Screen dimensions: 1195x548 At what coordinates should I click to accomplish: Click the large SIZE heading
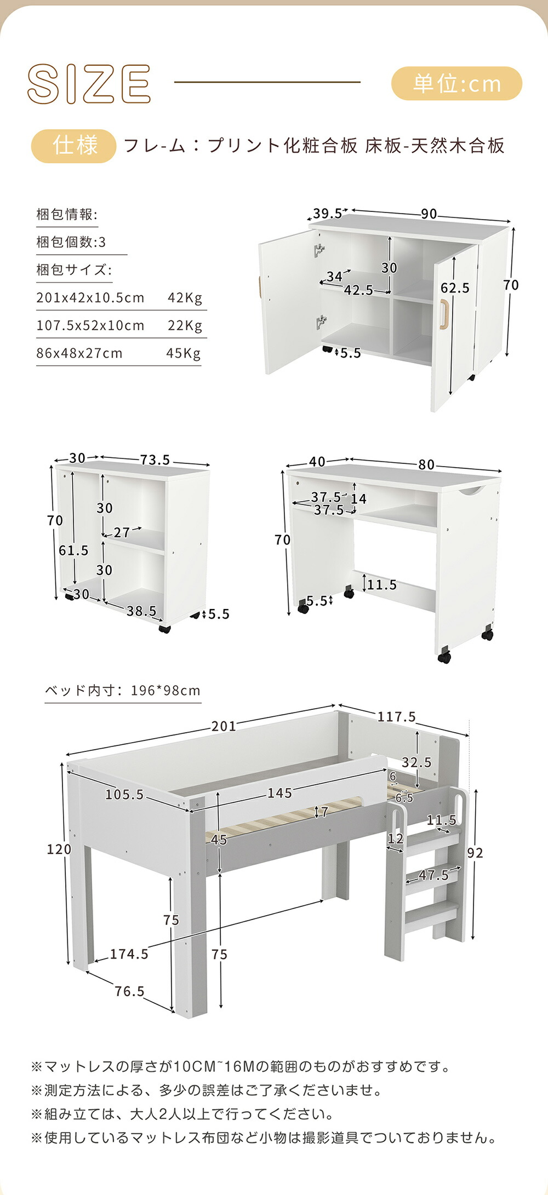[89, 84]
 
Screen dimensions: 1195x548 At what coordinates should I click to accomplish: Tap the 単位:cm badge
[456, 84]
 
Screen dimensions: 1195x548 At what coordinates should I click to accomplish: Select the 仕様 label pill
[74, 146]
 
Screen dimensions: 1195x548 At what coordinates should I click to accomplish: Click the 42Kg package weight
[185, 298]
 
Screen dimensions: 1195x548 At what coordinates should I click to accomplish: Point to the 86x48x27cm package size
[79, 353]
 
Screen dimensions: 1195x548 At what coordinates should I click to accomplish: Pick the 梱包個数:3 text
[71, 242]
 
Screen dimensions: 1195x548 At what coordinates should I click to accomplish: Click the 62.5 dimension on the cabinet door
[455, 288]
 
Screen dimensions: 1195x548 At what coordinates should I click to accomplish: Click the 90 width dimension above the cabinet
[429, 214]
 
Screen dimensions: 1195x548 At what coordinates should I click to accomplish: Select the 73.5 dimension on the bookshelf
[155, 460]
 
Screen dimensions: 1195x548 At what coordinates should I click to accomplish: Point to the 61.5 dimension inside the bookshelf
[73, 550]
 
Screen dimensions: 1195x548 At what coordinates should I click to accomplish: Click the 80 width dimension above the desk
[426, 465]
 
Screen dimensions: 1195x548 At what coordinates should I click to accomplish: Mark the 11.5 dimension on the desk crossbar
[381, 585]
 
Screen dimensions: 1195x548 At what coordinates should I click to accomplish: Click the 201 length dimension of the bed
[224, 726]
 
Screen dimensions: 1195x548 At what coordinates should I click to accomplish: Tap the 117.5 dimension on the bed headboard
[396, 717]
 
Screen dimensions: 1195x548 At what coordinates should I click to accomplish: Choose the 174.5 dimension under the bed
[129, 954]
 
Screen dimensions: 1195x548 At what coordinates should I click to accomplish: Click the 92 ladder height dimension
[475, 853]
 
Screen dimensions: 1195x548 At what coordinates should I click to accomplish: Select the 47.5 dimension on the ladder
[433, 875]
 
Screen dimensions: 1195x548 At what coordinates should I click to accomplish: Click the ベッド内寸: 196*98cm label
[123, 691]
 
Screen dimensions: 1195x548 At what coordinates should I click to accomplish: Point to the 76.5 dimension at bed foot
[129, 991]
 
